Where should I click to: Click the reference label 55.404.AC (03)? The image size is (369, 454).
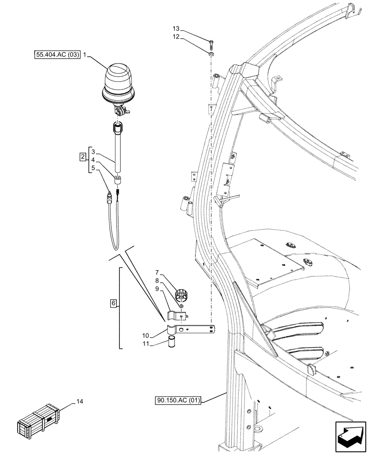point(57,55)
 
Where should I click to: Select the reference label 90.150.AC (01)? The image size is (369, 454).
point(177,400)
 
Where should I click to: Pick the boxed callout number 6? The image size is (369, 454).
point(114,302)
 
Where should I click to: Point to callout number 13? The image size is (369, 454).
point(176,28)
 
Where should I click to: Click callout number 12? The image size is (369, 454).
point(176,36)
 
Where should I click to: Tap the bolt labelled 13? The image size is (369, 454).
point(211,44)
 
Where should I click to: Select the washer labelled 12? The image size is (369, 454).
point(211,54)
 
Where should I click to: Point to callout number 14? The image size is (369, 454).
point(80,401)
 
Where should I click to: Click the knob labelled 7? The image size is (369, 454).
point(182,294)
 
